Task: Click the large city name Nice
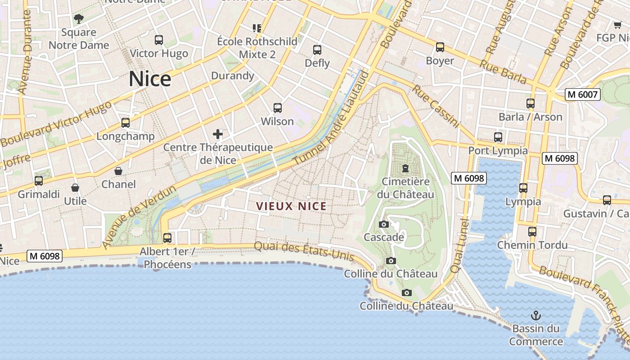tap(150, 79)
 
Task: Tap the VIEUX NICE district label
tap(291, 207)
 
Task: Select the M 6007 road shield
tap(583, 94)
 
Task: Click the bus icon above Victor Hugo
tap(159, 40)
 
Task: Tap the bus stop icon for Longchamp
tap(126, 123)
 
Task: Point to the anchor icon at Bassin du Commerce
tap(535, 315)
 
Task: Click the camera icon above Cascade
tap(384, 224)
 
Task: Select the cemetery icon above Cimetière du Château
tap(405, 169)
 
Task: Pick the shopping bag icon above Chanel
tap(118, 171)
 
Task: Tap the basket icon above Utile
tap(75, 188)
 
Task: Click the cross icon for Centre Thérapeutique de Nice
tap(218, 134)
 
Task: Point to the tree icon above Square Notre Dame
tap(79, 19)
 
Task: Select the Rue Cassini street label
tap(436, 106)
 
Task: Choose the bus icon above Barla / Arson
tap(531, 103)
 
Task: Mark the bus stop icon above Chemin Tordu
tap(532, 232)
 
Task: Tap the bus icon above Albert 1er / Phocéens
tap(167, 238)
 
